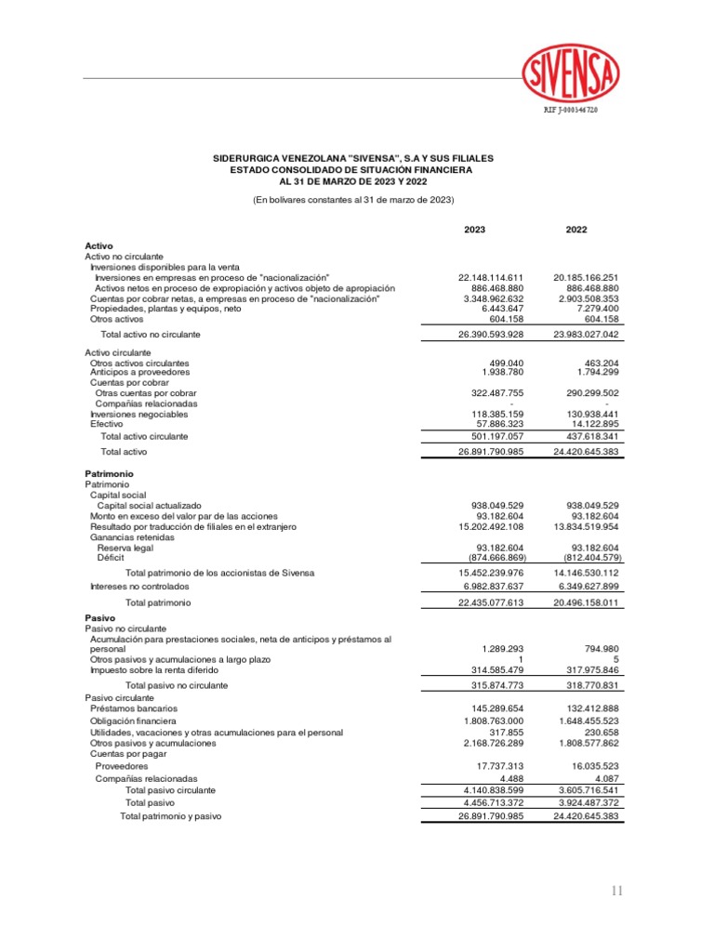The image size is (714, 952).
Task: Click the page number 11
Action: pos(617,892)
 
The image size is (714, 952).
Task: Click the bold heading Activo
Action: pos(99,245)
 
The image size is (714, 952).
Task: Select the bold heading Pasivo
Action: pos(99,617)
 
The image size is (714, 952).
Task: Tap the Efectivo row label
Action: pos(107,424)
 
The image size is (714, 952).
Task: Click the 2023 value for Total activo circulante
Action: pos(492,436)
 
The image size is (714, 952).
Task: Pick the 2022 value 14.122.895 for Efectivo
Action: pos(592,424)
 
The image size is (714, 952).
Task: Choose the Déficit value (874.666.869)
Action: pos(493,558)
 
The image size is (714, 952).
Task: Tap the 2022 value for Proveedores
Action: pos(591,766)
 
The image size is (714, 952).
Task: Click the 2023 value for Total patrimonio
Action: pos(492,602)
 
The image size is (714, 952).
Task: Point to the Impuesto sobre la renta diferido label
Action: pos(154,669)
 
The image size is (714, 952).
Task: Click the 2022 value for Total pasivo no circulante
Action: pos(588,685)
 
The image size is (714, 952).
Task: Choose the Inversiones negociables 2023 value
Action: pos(494,414)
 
